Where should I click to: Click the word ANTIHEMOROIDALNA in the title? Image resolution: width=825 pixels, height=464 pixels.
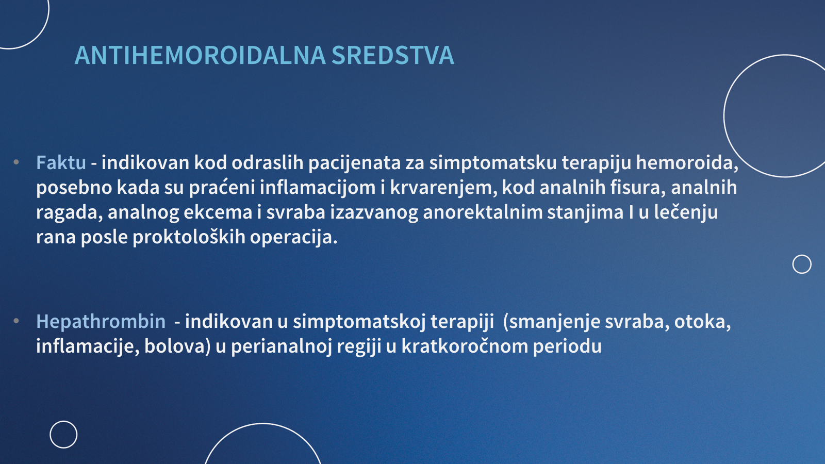pos(200,56)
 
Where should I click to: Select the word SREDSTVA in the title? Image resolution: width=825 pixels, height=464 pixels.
pos(392,56)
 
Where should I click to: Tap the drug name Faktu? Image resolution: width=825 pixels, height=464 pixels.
pos(61,162)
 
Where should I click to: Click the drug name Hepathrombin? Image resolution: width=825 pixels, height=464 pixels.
pos(101,322)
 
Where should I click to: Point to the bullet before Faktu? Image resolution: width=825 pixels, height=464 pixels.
pos(16,162)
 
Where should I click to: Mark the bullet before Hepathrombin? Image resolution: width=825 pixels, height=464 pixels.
pos(16,321)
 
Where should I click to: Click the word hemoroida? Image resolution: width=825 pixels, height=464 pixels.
pos(687,163)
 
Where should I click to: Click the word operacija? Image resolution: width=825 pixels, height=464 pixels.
pos(293,237)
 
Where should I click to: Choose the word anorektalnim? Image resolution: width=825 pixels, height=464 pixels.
pos(483,212)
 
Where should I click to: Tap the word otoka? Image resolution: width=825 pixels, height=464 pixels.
pos(702,322)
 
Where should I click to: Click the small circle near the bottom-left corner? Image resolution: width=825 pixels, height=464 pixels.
pos(64,421)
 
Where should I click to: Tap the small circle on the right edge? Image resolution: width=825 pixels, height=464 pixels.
pos(802,255)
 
